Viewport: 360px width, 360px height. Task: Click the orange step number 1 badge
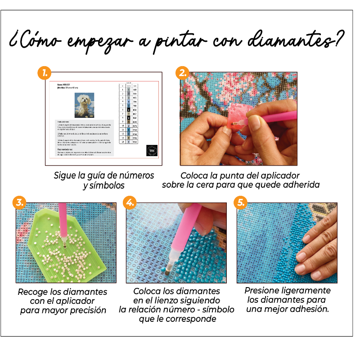click(x=44, y=72)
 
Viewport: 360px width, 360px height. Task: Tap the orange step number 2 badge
click(x=182, y=72)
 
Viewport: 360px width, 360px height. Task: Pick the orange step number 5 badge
click(x=240, y=202)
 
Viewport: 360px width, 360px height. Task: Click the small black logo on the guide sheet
click(x=152, y=150)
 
